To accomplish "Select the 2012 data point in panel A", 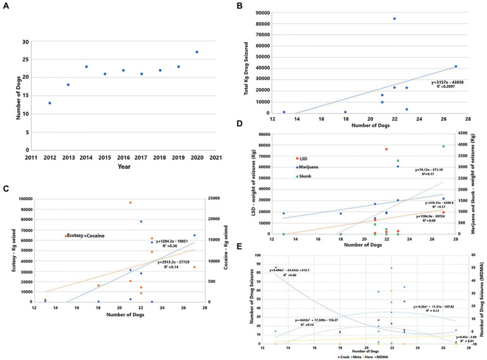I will (x=50, y=103).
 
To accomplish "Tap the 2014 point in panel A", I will (x=86, y=67).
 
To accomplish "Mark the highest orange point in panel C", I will (x=130, y=203).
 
